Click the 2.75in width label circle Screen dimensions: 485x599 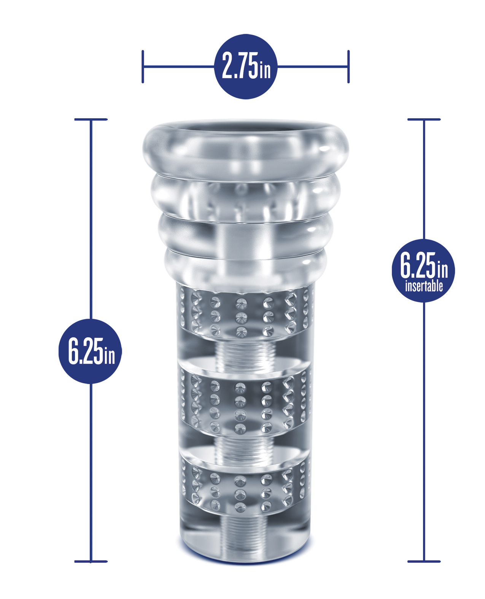pyautogui.click(x=246, y=67)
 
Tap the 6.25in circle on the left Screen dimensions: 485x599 pyautogui.click(x=90, y=351)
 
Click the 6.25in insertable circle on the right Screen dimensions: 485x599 pyautogui.click(x=423, y=270)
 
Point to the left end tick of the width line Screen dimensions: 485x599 pyautogui.click(x=143, y=67)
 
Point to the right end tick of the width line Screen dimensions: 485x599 pyautogui.click(x=348, y=67)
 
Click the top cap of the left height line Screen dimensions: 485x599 pyautogui.click(x=91, y=119)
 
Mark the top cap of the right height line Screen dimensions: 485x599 pyautogui.click(x=424, y=119)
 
